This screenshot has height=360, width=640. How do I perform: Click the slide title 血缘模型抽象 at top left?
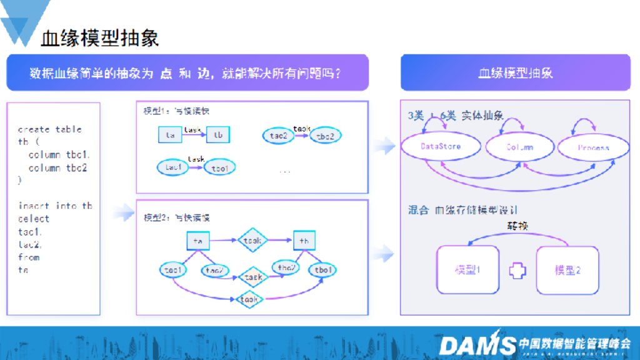coord(100,38)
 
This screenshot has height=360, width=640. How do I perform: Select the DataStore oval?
coord(441,147)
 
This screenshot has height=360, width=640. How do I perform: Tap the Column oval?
coord(519,147)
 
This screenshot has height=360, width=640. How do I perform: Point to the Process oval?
coord(592,147)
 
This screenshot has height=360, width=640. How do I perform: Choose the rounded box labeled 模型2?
coord(567,270)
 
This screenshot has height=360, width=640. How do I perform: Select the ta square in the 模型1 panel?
coord(169,135)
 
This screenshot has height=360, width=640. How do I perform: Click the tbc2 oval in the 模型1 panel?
coord(326,136)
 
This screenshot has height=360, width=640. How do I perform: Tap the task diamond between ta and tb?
coord(252,241)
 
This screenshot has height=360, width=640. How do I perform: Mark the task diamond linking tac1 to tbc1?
coord(249,301)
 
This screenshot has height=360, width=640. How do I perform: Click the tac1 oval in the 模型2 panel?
coord(173,270)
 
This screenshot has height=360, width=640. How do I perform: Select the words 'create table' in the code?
coord(50,129)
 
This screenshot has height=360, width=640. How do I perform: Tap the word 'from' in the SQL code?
coord(29,257)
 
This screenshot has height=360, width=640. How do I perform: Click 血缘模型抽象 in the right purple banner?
coord(516,73)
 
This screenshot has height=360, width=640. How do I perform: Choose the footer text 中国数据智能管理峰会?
coord(574,343)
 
